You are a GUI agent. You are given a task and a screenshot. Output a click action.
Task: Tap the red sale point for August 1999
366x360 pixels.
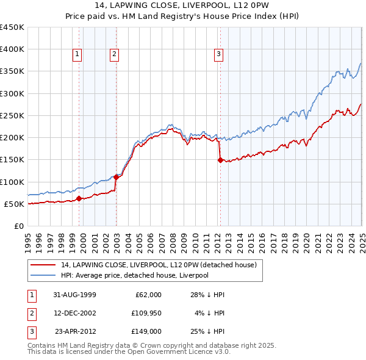tap(79, 198)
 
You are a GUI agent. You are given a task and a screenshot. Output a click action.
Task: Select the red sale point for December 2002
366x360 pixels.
tap(116, 177)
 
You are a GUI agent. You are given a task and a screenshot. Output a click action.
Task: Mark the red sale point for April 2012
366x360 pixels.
tap(220, 160)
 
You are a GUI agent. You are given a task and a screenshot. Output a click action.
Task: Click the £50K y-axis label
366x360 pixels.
tap(14, 204)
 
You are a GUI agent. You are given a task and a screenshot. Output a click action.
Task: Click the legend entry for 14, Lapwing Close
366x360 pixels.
tap(159, 265)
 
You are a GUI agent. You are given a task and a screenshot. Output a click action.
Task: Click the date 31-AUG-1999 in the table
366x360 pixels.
tap(70, 295)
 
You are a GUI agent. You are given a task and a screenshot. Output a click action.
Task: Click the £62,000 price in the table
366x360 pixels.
tap(148, 295)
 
